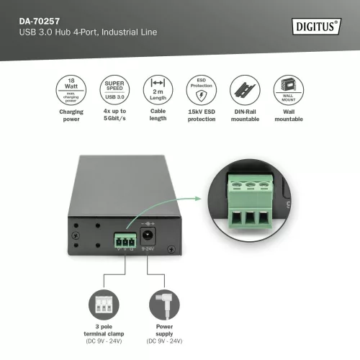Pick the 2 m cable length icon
157,91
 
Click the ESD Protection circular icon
202,91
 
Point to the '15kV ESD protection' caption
202,116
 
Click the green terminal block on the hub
125,240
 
